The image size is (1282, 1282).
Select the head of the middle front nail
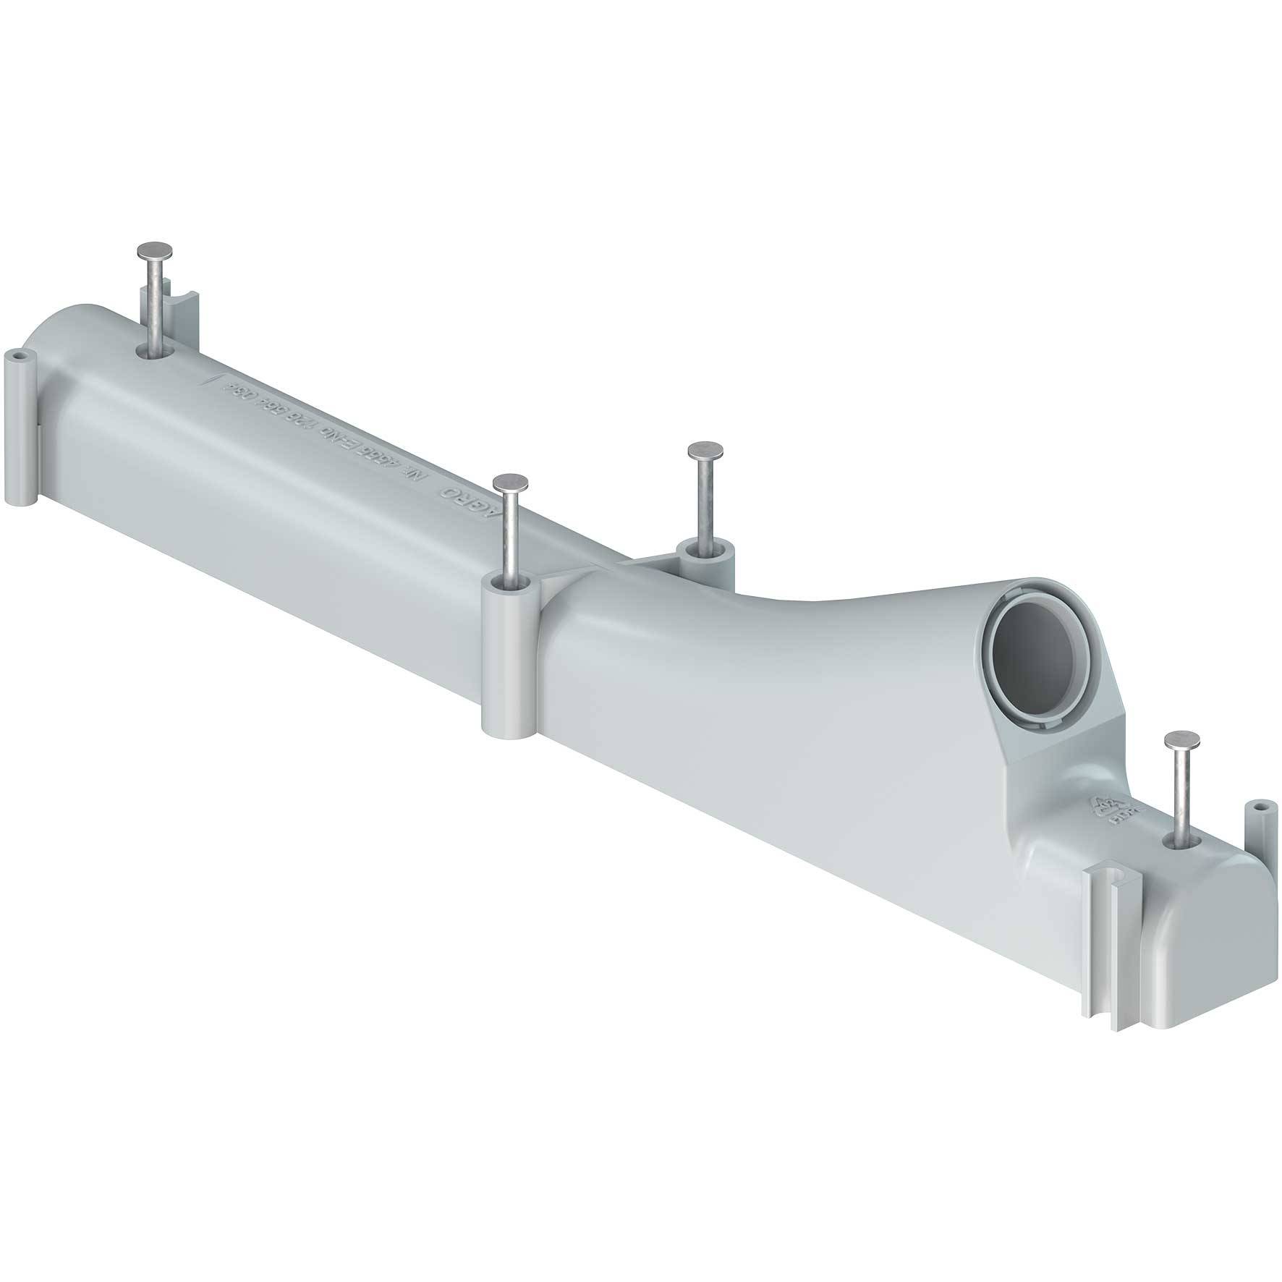click(509, 480)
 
